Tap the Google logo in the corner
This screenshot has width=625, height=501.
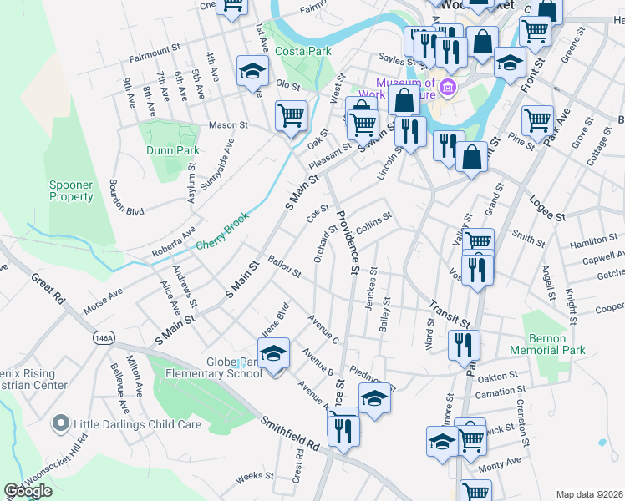(x=28, y=491)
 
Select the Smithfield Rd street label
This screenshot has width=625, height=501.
(x=290, y=434)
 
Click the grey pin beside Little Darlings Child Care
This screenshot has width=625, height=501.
(x=60, y=424)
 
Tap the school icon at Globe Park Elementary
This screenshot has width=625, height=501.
(x=273, y=354)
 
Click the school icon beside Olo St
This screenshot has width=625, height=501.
(x=252, y=72)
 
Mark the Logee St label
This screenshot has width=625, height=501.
(x=547, y=207)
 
